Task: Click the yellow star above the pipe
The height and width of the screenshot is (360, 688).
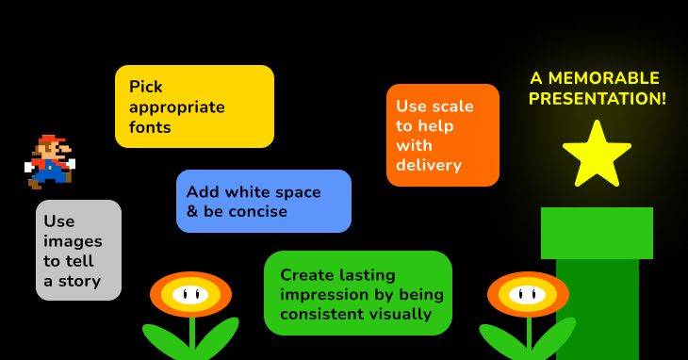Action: pyautogui.click(x=597, y=155)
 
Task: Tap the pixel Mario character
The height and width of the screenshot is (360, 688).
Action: pyautogui.click(x=49, y=162)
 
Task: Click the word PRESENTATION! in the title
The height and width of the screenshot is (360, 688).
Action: pyautogui.click(x=598, y=98)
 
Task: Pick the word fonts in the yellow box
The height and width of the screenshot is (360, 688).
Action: pyautogui.click(x=151, y=127)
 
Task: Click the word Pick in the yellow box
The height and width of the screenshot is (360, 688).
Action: pyautogui.click(x=146, y=87)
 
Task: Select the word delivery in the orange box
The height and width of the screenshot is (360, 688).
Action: pyautogui.click(x=429, y=166)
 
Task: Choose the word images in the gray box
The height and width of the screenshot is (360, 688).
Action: pyautogui.click(x=73, y=241)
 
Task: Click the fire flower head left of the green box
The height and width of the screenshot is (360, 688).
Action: pyautogui.click(x=190, y=294)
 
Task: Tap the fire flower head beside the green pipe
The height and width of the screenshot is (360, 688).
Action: pyautogui.click(x=528, y=294)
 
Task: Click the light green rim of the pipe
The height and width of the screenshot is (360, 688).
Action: pyautogui.click(x=597, y=233)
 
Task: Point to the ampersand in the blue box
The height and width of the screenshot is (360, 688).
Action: pyautogui.click(x=191, y=212)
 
